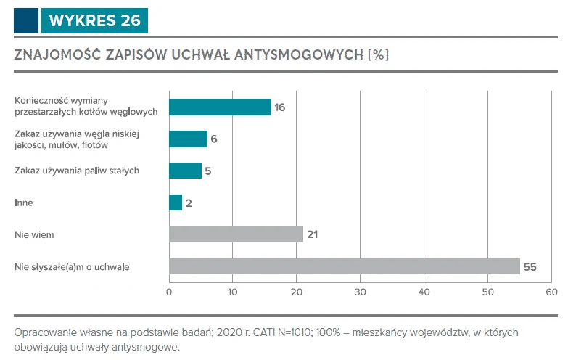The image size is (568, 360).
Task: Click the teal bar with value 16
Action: point(220,107)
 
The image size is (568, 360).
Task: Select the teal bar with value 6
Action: point(188,139)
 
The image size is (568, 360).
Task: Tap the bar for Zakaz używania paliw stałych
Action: point(185,171)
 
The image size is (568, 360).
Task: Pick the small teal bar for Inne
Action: point(176,202)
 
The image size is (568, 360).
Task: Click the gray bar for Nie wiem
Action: point(236,234)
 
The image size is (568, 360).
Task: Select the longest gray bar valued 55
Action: point(345,266)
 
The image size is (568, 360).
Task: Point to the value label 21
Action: point(313,235)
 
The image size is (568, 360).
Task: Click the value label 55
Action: point(530,267)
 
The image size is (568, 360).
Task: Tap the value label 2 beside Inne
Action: point(189,203)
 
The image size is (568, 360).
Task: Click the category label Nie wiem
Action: point(34,235)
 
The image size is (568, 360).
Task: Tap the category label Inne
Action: point(23,203)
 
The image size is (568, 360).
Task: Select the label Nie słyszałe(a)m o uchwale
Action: point(72,267)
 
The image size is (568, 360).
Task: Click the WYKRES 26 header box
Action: point(94,20)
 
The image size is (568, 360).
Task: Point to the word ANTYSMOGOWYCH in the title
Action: point(299,55)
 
